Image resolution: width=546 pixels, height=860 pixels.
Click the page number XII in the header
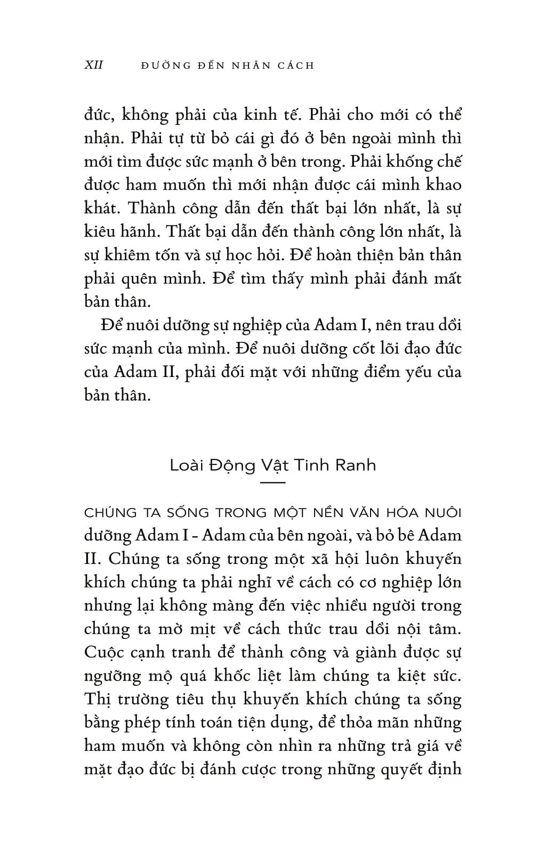pyautogui.click(x=94, y=65)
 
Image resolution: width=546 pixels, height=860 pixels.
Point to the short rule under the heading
pyautogui.click(x=273, y=482)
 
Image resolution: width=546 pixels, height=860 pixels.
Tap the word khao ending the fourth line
pyautogui.click(x=443, y=185)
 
